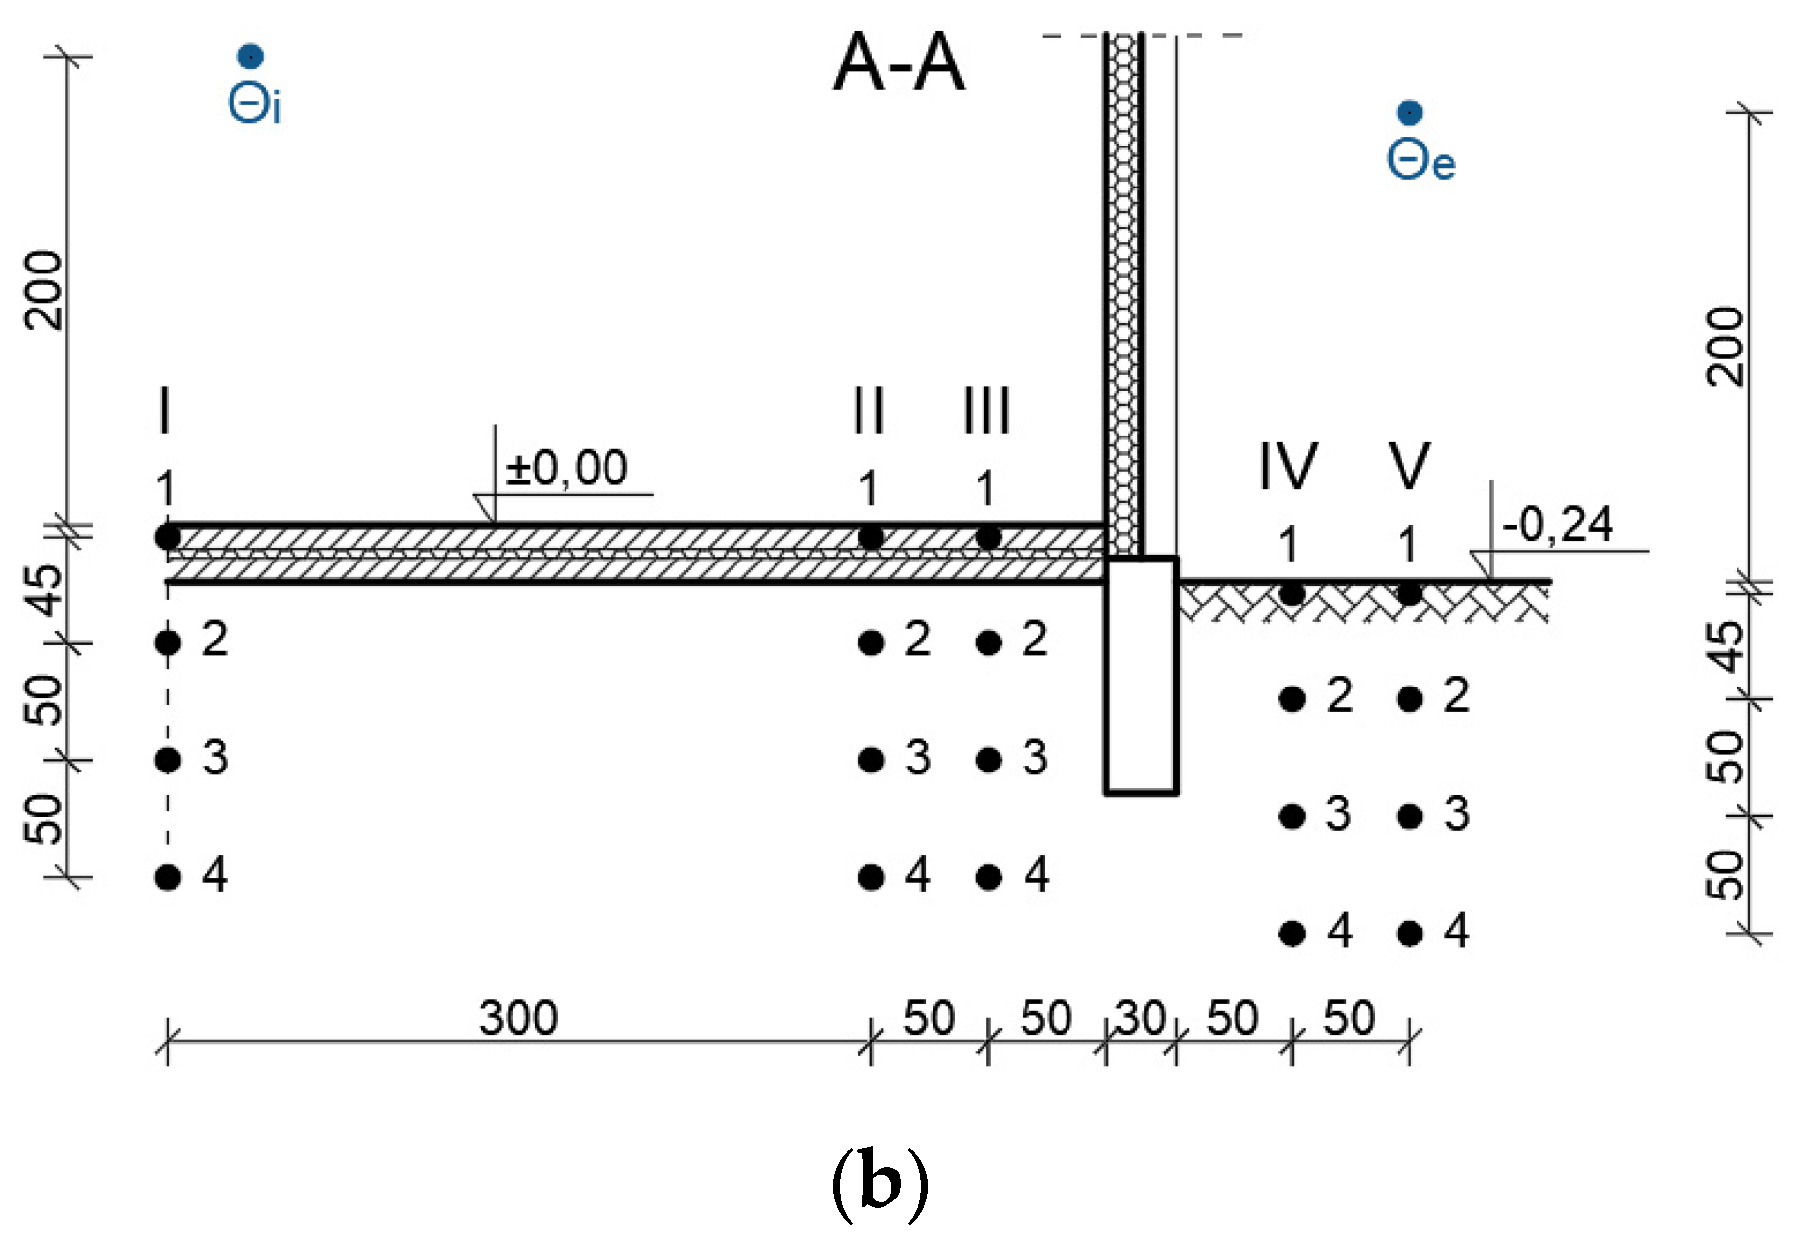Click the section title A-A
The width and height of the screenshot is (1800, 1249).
(899, 63)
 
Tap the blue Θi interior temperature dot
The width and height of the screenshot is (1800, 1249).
(251, 57)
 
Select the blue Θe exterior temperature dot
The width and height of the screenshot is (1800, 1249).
(1409, 113)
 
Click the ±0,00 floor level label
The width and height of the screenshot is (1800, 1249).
(566, 469)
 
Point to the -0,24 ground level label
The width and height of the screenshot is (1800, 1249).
(1558, 525)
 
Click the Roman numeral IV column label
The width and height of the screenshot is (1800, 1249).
(1288, 466)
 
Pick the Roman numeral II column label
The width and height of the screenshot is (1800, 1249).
(868, 410)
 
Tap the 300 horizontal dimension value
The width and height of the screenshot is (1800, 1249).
(519, 1019)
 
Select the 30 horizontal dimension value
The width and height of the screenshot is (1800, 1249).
(1141, 1019)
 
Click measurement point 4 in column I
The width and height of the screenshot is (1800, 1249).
(168, 877)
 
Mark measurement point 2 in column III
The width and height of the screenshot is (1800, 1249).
(988, 643)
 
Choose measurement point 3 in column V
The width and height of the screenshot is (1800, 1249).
(1409, 816)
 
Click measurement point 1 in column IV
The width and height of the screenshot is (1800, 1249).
(1292, 593)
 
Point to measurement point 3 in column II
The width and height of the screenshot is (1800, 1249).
(871, 760)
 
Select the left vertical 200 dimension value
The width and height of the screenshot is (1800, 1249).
(45, 290)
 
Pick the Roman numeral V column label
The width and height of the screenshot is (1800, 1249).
(1409, 466)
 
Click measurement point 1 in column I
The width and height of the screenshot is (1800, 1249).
(168, 536)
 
